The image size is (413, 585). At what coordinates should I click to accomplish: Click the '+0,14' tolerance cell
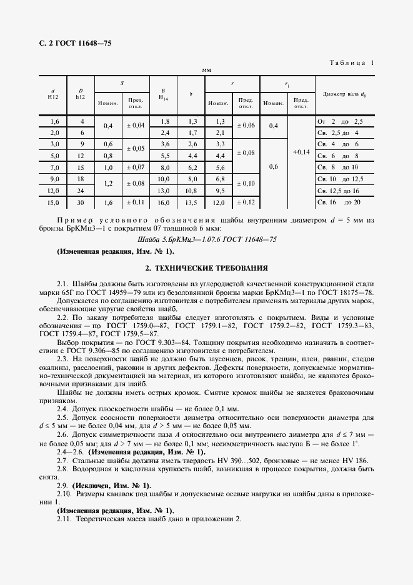(301, 152)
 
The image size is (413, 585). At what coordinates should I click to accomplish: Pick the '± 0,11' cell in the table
(136, 202)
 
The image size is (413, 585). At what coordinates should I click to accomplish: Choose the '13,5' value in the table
(192, 202)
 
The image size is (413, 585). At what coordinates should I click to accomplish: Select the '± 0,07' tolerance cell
(136, 167)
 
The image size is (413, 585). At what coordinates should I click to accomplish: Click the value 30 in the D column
(80, 202)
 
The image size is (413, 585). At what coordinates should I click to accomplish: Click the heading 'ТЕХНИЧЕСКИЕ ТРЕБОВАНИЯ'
(206, 267)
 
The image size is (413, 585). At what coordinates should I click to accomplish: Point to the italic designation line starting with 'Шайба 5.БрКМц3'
(206, 239)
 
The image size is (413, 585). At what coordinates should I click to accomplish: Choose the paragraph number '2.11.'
(65, 519)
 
